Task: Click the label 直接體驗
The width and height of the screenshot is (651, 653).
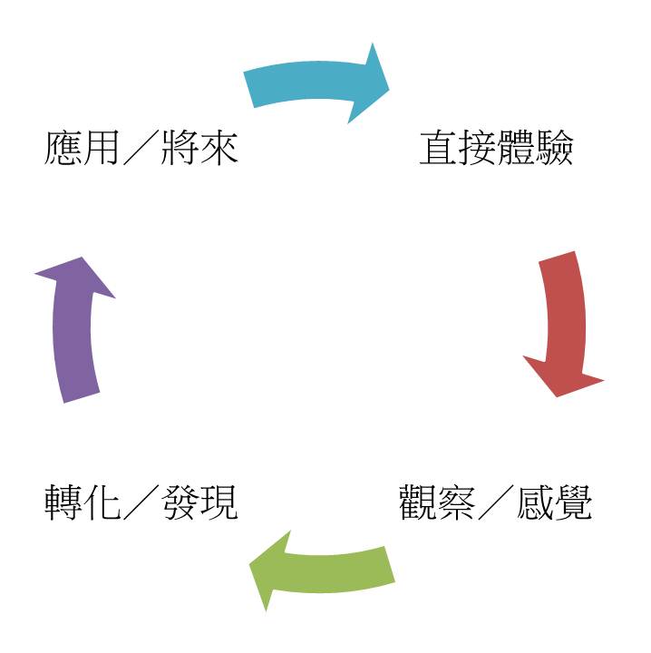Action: tap(496, 148)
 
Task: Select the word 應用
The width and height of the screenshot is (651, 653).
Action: tap(82, 148)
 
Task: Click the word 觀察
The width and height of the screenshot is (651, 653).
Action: tap(437, 502)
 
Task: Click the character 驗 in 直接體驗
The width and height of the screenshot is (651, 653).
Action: tap(554, 148)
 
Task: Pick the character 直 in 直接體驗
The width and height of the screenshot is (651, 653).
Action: tap(437, 148)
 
